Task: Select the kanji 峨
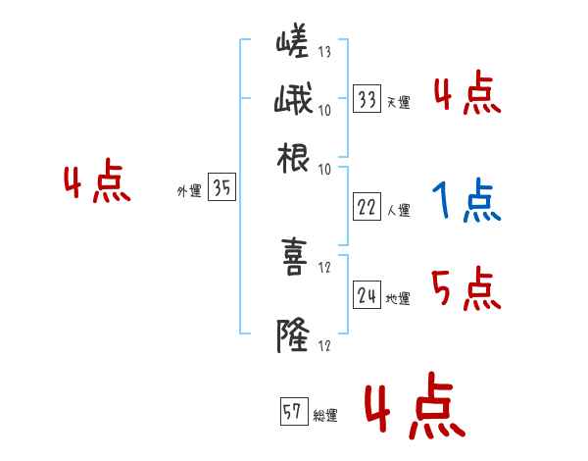click(x=294, y=101)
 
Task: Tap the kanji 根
click(x=294, y=160)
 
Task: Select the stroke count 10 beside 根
click(x=324, y=169)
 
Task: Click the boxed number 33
click(x=367, y=99)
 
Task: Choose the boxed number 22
click(x=367, y=207)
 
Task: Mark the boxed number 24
click(x=367, y=296)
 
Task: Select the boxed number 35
click(x=221, y=189)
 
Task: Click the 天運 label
click(x=398, y=102)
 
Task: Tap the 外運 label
click(x=188, y=192)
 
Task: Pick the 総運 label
click(x=325, y=416)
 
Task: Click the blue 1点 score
click(x=466, y=202)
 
